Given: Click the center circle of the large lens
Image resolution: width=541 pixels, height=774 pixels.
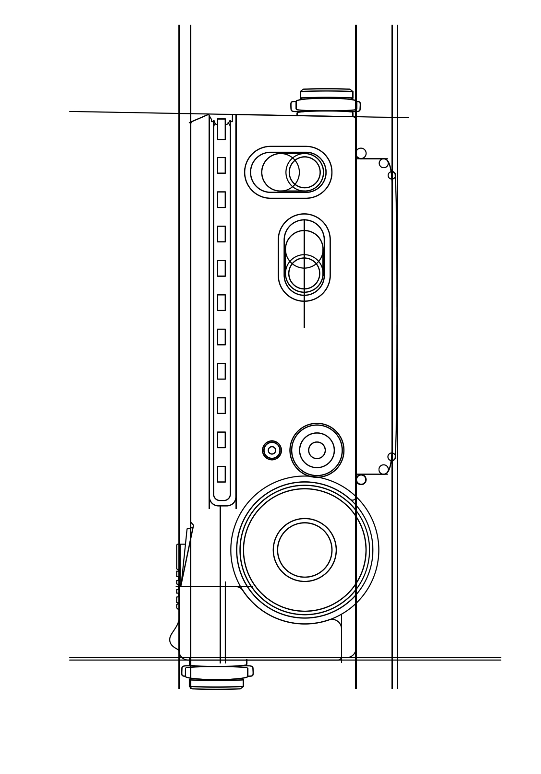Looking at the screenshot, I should [x=304, y=550].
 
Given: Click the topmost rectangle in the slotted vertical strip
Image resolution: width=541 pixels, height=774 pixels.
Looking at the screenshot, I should [x=221, y=129].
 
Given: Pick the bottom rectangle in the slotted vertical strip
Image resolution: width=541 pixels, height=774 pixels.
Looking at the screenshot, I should [x=221, y=474].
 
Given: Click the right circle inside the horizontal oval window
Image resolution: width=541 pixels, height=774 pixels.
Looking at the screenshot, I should [x=304, y=172].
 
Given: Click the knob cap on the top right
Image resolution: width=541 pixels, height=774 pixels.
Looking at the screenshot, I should [x=326, y=94].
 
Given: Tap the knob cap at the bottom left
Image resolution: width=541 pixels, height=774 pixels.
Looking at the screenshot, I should [x=216, y=683].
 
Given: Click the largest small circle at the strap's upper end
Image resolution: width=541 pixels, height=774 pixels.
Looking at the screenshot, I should [x=361, y=153].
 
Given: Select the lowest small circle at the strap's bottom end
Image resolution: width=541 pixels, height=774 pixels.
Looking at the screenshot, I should [x=361, y=479].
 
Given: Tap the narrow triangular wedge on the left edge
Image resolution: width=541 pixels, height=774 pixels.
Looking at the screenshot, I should [x=186, y=553].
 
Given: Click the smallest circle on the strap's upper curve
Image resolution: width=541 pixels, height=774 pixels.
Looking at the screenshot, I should [x=391, y=175].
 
